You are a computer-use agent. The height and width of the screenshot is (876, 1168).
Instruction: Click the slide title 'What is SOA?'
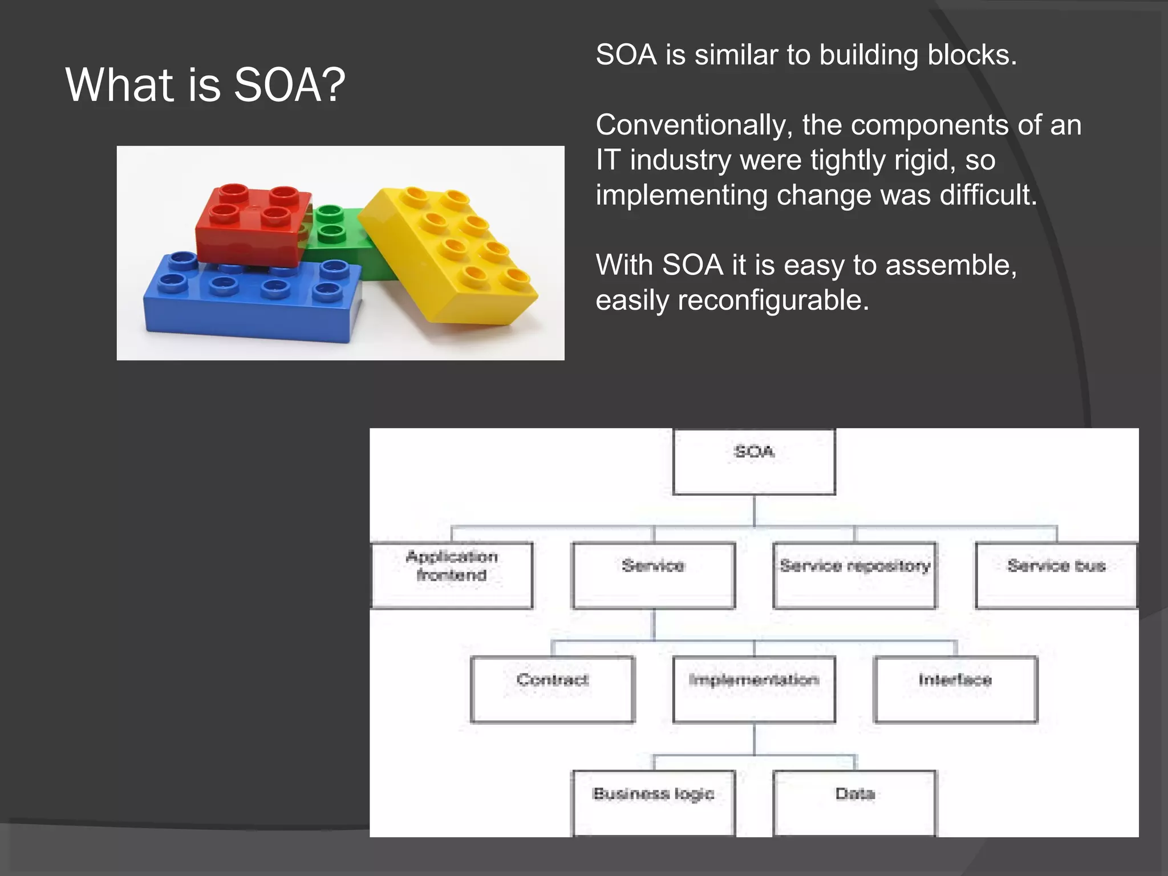pyautogui.click(x=205, y=85)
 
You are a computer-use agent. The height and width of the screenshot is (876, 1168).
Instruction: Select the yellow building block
pyautogui.click(x=451, y=257)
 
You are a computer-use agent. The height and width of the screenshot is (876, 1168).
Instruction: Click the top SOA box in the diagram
pyautogui.click(x=754, y=461)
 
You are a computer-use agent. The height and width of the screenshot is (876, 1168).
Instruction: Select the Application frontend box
pyautogui.click(x=452, y=575)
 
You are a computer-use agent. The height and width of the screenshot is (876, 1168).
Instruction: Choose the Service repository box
pyautogui.click(x=854, y=575)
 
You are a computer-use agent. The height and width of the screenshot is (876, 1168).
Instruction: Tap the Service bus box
pyautogui.click(x=1056, y=575)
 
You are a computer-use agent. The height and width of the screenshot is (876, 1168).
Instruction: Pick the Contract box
pyautogui.click(x=552, y=689)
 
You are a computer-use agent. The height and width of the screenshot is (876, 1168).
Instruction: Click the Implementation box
pyautogui.click(x=754, y=689)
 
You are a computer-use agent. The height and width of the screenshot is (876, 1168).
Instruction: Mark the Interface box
pyautogui.click(x=955, y=689)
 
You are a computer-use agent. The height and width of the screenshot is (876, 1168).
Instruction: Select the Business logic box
pyautogui.click(x=654, y=802)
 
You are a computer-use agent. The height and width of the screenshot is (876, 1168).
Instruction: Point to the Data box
pyautogui.click(x=854, y=802)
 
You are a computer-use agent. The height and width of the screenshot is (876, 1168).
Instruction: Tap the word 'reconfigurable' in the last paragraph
pyautogui.click(x=773, y=301)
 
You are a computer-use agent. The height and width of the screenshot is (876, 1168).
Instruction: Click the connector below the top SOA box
pyautogui.click(x=754, y=510)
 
